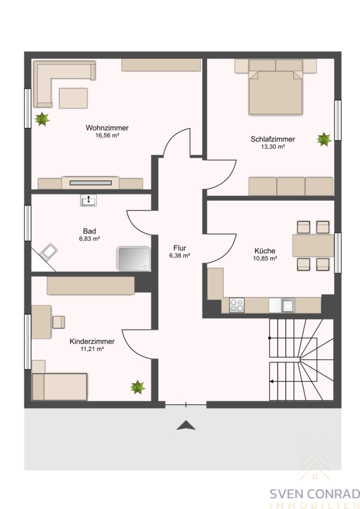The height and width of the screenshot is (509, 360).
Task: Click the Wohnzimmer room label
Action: tap(107, 128)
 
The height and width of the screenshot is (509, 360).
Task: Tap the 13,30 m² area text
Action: tap(273, 146)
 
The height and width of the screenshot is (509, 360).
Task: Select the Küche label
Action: tap(265, 251)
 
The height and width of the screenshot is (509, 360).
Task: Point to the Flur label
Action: tap(179, 248)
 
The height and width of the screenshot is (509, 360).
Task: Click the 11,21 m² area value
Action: tap(92, 350)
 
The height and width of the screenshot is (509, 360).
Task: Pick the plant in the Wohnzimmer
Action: tap(42, 119)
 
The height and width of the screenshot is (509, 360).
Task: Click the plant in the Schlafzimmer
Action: tap(324, 139)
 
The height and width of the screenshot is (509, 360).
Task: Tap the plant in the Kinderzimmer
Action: tap(138, 387)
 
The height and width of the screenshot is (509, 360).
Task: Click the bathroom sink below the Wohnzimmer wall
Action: tap(88, 201)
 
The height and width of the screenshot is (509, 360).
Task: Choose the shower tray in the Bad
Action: tap(134, 258)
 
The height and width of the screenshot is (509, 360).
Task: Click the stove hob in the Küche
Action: tap(237, 305)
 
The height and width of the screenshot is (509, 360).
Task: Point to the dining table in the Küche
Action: tap(313, 245)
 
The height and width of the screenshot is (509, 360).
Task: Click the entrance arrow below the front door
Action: tap(186, 425)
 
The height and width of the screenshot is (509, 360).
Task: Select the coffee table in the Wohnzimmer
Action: tap(73, 98)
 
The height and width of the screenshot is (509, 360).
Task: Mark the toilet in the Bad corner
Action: tap(48, 252)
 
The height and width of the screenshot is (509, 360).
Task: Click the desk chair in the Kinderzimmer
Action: tap(59, 322)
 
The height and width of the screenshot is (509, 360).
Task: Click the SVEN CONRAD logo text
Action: tap(315, 494)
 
